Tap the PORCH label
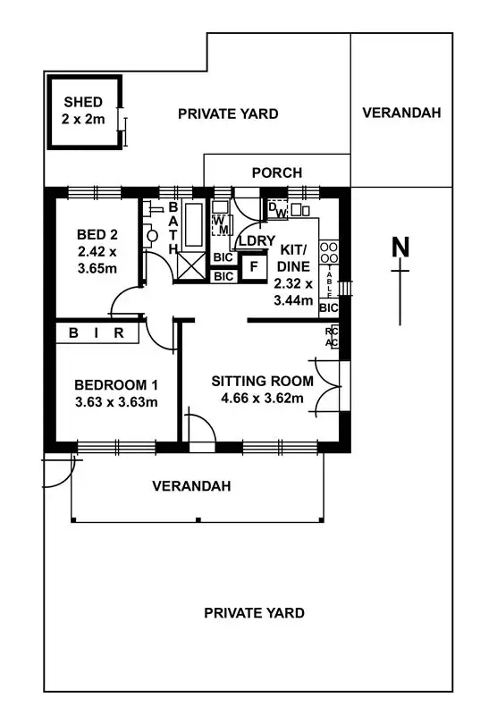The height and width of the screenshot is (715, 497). click(276, 172)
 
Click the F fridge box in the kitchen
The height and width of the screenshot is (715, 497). click(254, 265)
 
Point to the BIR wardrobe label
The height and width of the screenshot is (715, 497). click(97, 333)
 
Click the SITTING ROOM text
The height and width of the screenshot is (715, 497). click(262, 381)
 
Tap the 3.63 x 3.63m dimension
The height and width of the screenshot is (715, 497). click(116, 401)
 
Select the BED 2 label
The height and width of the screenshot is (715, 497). click(97, 235)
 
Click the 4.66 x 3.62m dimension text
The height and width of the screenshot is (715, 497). click(262, 398)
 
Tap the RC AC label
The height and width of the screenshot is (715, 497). click(331, 337)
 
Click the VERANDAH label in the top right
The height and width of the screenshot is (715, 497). click(401, 113)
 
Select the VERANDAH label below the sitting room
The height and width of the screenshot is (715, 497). click(191, 486)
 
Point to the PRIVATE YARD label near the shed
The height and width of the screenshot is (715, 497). click(228, 114)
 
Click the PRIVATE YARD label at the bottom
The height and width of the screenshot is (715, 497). click(254, 612)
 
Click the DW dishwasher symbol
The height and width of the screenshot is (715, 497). click(278, 209)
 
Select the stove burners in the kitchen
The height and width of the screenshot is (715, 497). click(328, 253)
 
